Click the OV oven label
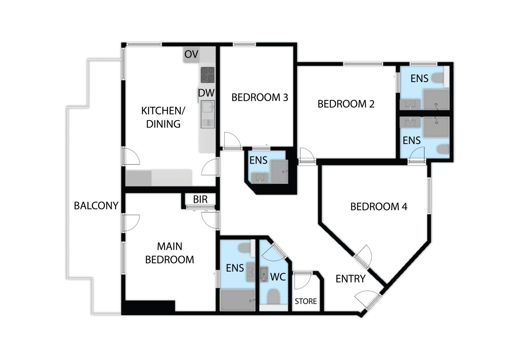[191, 54]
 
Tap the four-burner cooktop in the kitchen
[208, 75]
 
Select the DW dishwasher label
[206, 93]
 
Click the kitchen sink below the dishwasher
[208, 114]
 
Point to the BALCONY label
[96, 206]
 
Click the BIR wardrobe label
[200, 199]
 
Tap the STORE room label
[306, 301]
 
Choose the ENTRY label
[350, 279]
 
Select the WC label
[278, 277]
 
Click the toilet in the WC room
[273, 297]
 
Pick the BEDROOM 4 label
[379, 206]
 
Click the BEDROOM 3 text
[260, 98]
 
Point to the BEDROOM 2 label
[346, 104]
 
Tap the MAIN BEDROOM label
[170, 253]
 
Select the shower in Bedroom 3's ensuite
[279, 172]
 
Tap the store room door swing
[303, 282]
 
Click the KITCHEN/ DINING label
[163, 118]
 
